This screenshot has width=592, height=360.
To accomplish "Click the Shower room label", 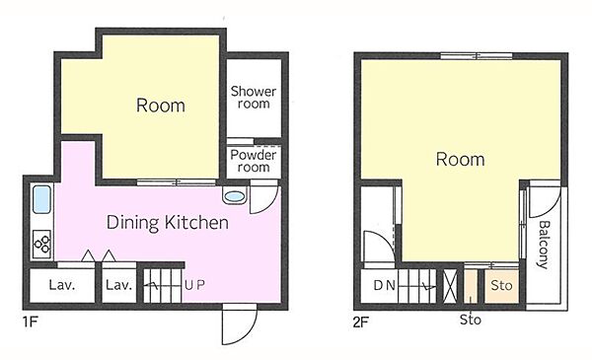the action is [254, 98].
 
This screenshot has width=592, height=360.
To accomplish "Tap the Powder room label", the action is [254, 161].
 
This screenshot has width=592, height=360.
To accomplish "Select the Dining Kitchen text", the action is [168, 223].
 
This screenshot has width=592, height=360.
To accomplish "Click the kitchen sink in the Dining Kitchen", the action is [41, 199].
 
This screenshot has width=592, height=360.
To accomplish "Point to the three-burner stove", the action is [41, 245].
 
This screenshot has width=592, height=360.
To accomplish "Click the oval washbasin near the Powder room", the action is [235, 196].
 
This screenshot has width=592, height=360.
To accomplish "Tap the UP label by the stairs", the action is [194, 285].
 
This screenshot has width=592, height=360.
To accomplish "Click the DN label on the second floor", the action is [385, 285].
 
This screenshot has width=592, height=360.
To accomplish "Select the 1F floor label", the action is [31, 322].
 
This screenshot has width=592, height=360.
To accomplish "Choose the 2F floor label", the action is [360, 323].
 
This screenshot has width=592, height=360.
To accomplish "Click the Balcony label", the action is [544, 245].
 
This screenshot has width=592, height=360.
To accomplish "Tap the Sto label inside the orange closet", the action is [501, 286].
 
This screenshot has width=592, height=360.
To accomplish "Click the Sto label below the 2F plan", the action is [471, 320].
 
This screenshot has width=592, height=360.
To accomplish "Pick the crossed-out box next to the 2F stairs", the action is [450, 286].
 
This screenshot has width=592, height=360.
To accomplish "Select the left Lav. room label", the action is [62, 285].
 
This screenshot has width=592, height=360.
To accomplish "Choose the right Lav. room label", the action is [119, 285].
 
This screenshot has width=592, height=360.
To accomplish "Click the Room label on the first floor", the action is [161, 106].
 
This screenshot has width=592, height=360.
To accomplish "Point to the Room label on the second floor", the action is [460, 159].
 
